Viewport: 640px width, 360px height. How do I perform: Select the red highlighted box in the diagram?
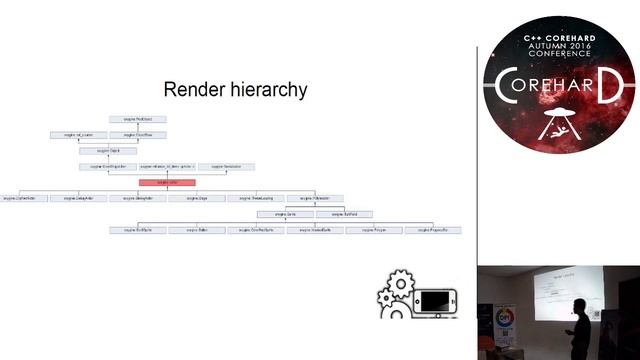(166, 182)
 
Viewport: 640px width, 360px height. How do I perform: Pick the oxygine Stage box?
(196, 198)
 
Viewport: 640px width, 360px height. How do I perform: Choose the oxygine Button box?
(196, 230)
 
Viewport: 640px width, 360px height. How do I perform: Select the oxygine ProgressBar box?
(433, 230)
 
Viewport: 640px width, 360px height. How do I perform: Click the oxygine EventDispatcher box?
(107, 166)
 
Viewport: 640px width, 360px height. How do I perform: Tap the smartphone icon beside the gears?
(436, 302)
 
